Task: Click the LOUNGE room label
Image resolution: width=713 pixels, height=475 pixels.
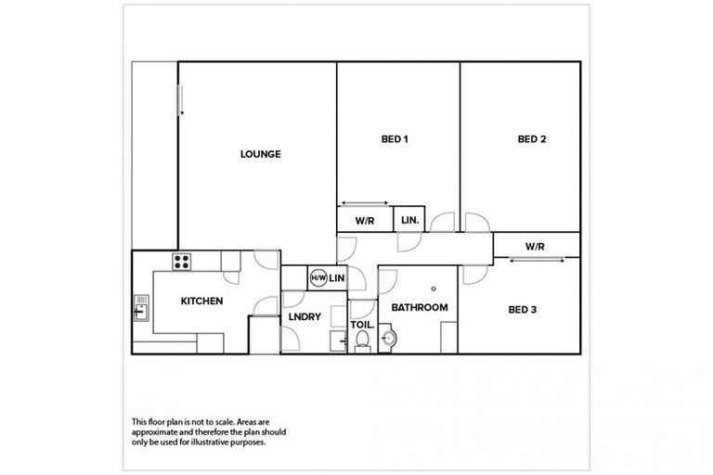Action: pyautogui.click(x=260, y=154)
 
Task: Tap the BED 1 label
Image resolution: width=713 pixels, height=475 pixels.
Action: pyautogui.click(x=395, y=140)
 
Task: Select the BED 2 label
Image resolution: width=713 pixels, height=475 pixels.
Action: pyautogui.click(x=531, y=140)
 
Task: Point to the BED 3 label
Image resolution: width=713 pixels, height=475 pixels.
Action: pyautogui.click(x=523, y=309)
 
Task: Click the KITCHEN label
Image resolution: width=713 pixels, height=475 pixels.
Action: pyautogui.click(x=201, y=302)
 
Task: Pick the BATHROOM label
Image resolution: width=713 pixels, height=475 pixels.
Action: pyautogui.click(x=420, y=307)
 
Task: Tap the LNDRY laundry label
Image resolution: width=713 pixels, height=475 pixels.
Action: pyautogui.click(x=305, y=316)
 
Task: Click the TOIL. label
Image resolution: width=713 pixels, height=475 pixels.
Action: pyautogui.click(x=362, y=326)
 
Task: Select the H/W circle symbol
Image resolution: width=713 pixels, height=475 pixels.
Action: pyautogui.click(x=318, y=277)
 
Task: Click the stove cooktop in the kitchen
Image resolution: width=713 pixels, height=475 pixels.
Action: pyautogui.click(x=183, y=261)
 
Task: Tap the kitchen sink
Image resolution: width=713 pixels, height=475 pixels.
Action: pyautogui.click(x=141, y=306)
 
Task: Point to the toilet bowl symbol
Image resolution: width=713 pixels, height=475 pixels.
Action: pyautogui.click(x=364, y=342)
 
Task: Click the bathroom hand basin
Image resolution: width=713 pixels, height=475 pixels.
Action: pyautogui.click(x=389, y=340)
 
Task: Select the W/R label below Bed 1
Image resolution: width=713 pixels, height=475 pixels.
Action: pyautogui.click(x=364, y=221)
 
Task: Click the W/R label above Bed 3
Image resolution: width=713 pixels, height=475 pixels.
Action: pyautogui.click(x=534, y=246)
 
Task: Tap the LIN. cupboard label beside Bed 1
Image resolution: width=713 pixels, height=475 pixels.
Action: pyautogui.click(x=409, y=221)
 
